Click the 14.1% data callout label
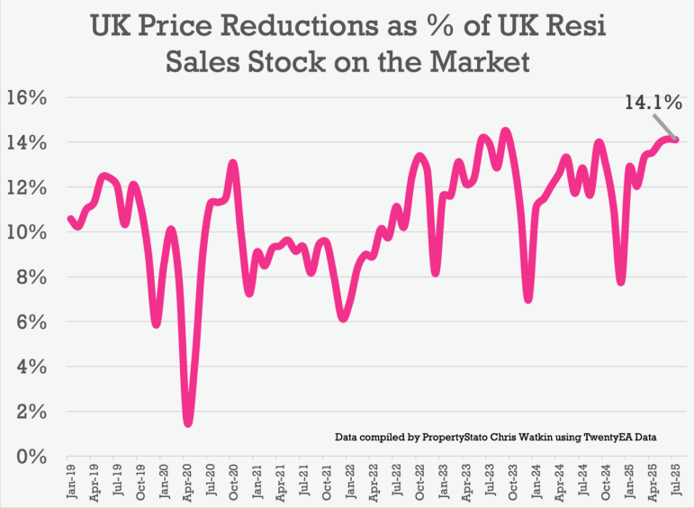coord(653,103)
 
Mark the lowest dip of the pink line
coord(188,422)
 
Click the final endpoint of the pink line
coord(675,139)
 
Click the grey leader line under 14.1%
coord(663,124)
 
